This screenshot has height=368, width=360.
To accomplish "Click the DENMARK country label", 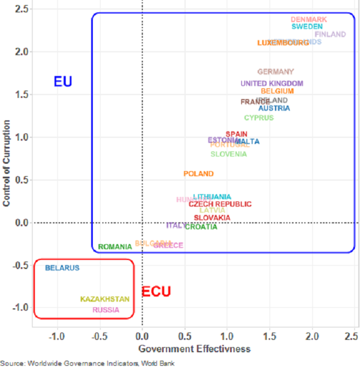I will click(309, 20).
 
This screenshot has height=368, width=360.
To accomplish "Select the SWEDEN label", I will click(307, 26).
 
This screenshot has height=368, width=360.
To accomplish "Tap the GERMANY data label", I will click(276, 71).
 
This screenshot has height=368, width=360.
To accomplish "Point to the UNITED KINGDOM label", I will click(272, 84).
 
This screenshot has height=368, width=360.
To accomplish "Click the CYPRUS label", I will click(259, 118).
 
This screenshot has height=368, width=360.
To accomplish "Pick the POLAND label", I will click(199, 174).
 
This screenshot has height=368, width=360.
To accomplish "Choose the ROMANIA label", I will click(115, 247).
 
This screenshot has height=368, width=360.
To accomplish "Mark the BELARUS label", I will click(62, 268).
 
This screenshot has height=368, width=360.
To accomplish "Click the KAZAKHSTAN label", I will click(105, 299).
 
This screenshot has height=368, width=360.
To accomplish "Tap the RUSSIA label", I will click(106, 310).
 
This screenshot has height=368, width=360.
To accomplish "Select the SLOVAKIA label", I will click(212, 218).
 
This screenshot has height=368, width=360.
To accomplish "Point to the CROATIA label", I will click(201, 227).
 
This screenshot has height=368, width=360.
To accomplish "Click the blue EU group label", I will click(63, 82).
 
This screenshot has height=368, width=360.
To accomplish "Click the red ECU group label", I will click(156, 292).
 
